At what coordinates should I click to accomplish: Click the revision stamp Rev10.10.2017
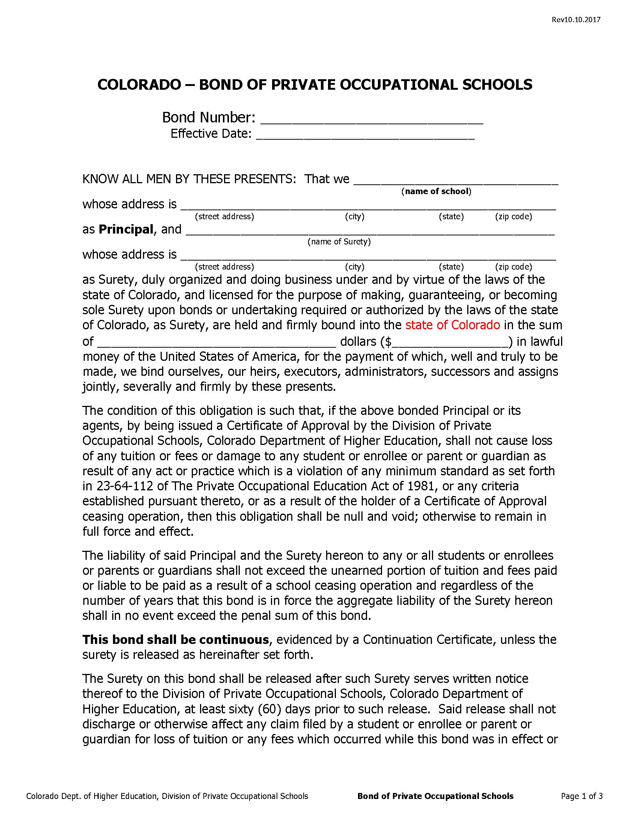pos(576,20)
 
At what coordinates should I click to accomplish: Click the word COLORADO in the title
pos(139,85)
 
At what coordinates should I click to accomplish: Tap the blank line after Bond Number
pos(372,119)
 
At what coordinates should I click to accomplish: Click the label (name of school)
pos(436,191)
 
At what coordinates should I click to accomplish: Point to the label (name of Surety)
pos(339,242)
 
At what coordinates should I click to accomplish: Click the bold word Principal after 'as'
pos(126,229)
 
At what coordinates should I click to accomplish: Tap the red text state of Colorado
pos(453,325)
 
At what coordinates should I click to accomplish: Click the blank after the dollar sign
pos(450,342)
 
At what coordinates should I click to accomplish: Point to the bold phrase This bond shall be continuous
pos(175,639)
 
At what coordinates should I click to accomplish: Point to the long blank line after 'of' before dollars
pos(217,342)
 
